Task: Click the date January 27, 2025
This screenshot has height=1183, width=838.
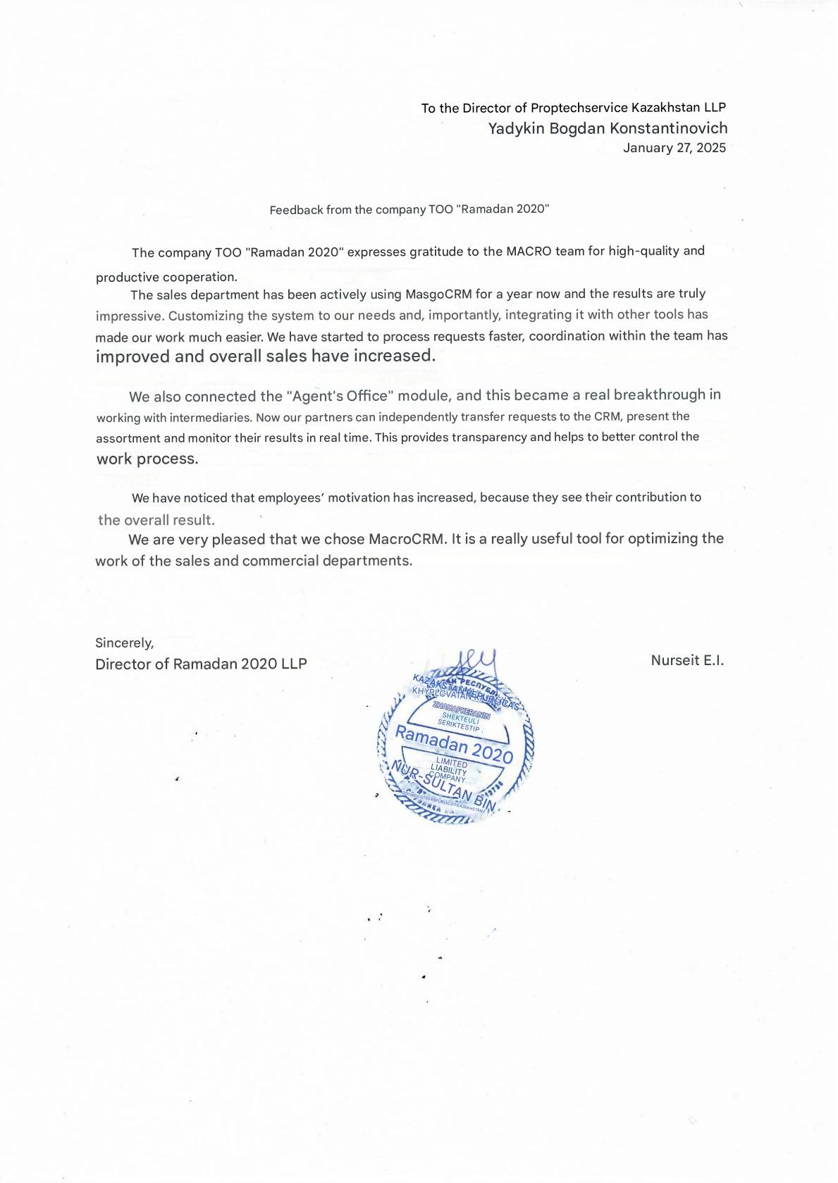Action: [x=674, y=148]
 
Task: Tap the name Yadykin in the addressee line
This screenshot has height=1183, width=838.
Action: [x=516, y=128]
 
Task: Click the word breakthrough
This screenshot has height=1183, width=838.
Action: [x=659, y=395]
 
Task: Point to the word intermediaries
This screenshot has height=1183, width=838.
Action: [x=210, y=417]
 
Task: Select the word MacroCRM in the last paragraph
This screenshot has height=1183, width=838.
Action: [x=407, y=539]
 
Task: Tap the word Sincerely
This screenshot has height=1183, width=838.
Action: [x=124, y=643]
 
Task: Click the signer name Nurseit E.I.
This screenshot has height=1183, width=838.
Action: [x=687, y=660]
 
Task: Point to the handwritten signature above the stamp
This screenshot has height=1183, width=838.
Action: [x=474, y=663]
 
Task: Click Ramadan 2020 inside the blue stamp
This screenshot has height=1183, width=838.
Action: [x=454, y=743]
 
